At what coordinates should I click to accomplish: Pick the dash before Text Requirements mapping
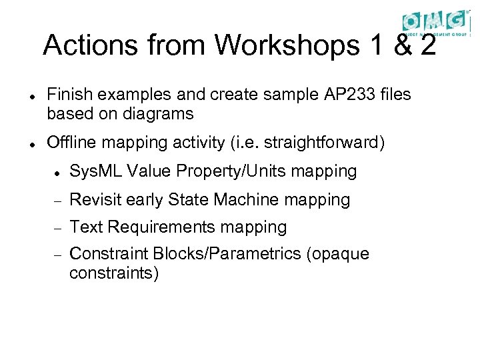coord(57,228)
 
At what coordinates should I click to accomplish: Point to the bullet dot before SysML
coord(57,173)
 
